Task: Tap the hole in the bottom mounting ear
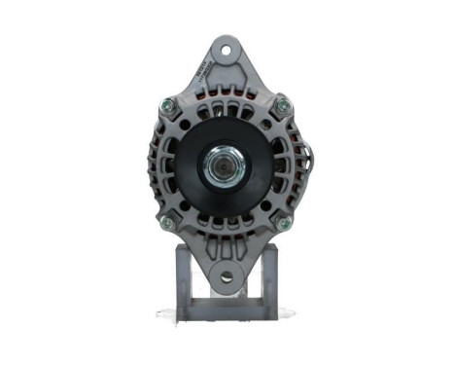227,277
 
